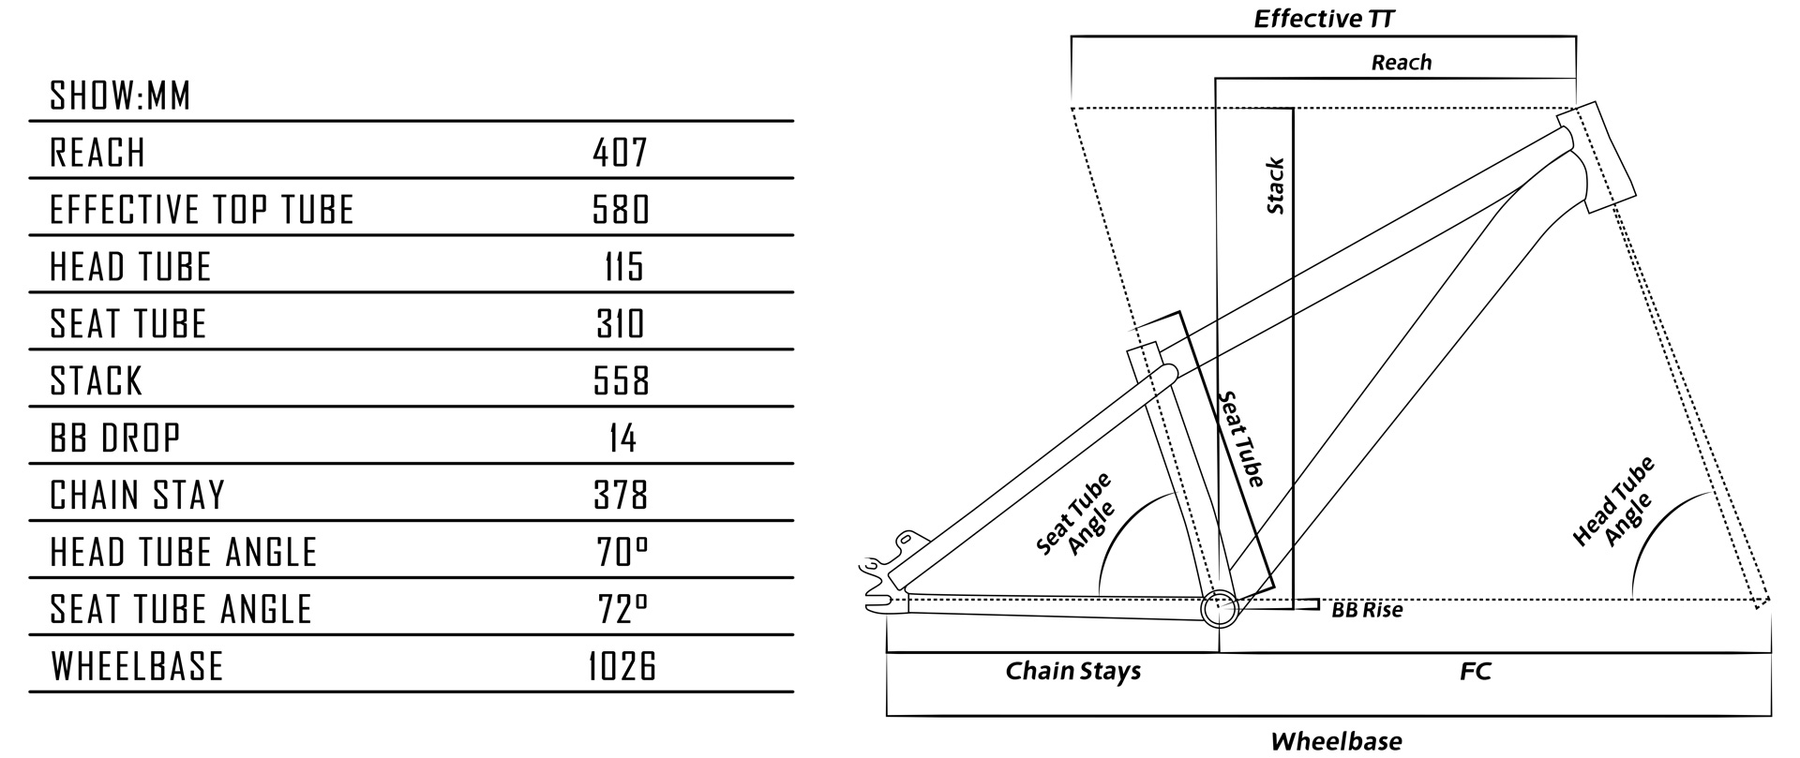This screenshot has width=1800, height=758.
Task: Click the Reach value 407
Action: pyautogui.click(x=621, y=153)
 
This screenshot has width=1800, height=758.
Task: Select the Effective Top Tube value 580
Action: pyautogui.click(x=621, y=210)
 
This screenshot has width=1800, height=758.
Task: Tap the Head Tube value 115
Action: pyautogui.click(x=623, y=267)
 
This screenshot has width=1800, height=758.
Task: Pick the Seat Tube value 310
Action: pyautogui.click(x=621, y=324)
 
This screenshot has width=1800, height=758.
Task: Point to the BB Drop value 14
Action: pyautogui.click(x=622, y=438)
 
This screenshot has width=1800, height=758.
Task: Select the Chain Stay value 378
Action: pyautogui.click(x=621, y=496)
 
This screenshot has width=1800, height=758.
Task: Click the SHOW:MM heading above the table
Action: pyautogui.click(x=120, y=97)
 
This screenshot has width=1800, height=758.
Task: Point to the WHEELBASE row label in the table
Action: pyautogui.click(x=137, y=667)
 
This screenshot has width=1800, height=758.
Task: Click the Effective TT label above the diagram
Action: pyautogui.click(x=1325, y=20)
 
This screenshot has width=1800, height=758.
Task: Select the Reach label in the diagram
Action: pyautogui.click(x=1402, y=63)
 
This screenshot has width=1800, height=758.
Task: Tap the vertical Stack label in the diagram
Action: pyautogui.click(x=1275, y=186)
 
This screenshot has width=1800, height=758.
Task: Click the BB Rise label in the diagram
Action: pyautogui.click(x=1367, y=611)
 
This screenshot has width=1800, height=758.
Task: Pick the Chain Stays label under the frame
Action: pyautogui.click(x=1072, y=671)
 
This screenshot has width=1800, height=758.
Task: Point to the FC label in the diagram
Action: pyautogui.click(x=1475, y=671)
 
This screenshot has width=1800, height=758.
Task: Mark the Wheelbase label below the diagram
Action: pyautogui.click(x=1336, y=741)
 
